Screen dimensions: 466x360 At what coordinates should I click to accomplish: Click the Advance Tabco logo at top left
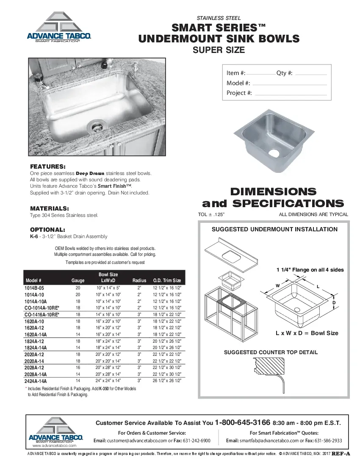pos(59,28)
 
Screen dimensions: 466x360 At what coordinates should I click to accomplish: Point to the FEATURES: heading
pos(47,166)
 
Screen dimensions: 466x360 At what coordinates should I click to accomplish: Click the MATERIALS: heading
pos(50,208)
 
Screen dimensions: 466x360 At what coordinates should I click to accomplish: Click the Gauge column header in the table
pos(78,280)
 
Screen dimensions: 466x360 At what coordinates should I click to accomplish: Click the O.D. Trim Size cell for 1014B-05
pos(167,288)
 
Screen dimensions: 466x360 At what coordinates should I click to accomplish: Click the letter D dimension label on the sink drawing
pos(334,303)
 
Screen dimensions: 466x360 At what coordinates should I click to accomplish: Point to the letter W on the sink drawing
pos(278,286)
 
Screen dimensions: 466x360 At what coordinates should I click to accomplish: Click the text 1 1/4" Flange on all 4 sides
pos(310,270)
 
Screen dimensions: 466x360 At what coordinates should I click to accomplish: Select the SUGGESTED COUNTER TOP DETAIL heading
pos(271,352)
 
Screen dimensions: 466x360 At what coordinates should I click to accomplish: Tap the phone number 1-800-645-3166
pos(243,422)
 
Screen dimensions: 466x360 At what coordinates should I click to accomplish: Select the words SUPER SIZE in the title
pos(219,50)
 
